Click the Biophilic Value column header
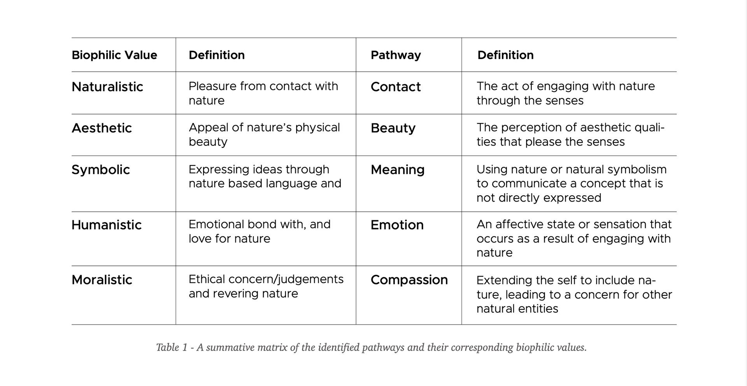point(114,55)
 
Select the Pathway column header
point(396,55)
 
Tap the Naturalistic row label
point(107,87)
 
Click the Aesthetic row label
point(102,128)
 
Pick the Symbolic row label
point(101,170)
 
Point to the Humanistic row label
point(107,225)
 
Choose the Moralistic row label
point(102,280)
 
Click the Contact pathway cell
point(396,87)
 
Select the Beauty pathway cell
point(393,128)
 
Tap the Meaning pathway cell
point(397,170)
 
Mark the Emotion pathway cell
point(397,225)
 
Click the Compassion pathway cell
point(409,280)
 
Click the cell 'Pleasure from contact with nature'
point(263,93)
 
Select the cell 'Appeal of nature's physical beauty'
point(264,135)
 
